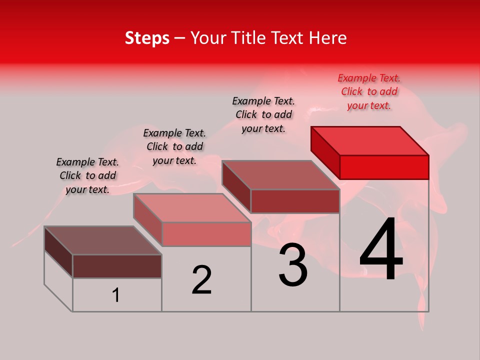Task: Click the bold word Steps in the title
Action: pyautogui.click(x=147, y=38)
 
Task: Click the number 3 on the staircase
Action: pyautogui.click(x=293, y=265)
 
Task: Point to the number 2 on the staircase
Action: pyautogui.click(x=202, y=279)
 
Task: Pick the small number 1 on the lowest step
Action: pyautogui.click(x=116, y=295)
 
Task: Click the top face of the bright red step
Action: pyautogui.click(x=370, y=140)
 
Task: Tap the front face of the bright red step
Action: pyautogui.click(x=384, y=167)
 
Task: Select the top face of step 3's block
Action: pyautogui.click(x=281, y=174)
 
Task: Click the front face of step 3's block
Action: pyautogui.click(x=295, y=201)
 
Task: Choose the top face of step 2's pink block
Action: pyautogui.click(x=192, y=207)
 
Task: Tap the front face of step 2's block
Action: pyautogui.click(x=206, y=234)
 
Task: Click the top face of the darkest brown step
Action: pyautogui.click(x=103, y=240)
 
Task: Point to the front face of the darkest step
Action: pyautogui.click(x=117, y=266)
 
